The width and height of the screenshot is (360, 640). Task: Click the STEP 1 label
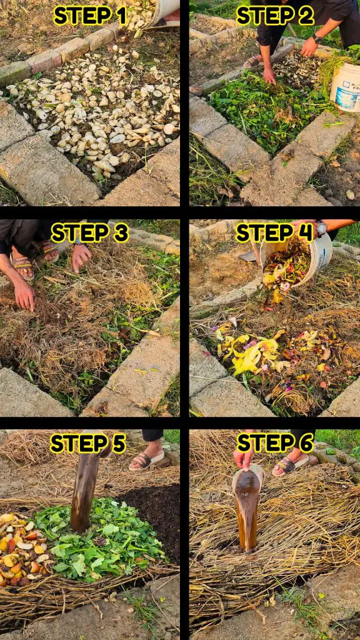(90, 16)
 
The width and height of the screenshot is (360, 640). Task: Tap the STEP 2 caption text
(275, 16)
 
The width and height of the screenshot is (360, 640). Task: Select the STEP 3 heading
(90, 233)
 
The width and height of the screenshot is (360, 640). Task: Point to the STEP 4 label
(274, 232)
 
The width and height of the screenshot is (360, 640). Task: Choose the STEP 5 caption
(87, 444)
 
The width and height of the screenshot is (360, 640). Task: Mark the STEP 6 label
(275, 443)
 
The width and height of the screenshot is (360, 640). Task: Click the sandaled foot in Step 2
(253, 61)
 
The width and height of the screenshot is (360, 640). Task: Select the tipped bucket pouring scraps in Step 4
(296, 257)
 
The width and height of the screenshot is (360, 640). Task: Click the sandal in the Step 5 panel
(147, 461)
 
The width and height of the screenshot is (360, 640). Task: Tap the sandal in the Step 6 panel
(291, 465)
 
